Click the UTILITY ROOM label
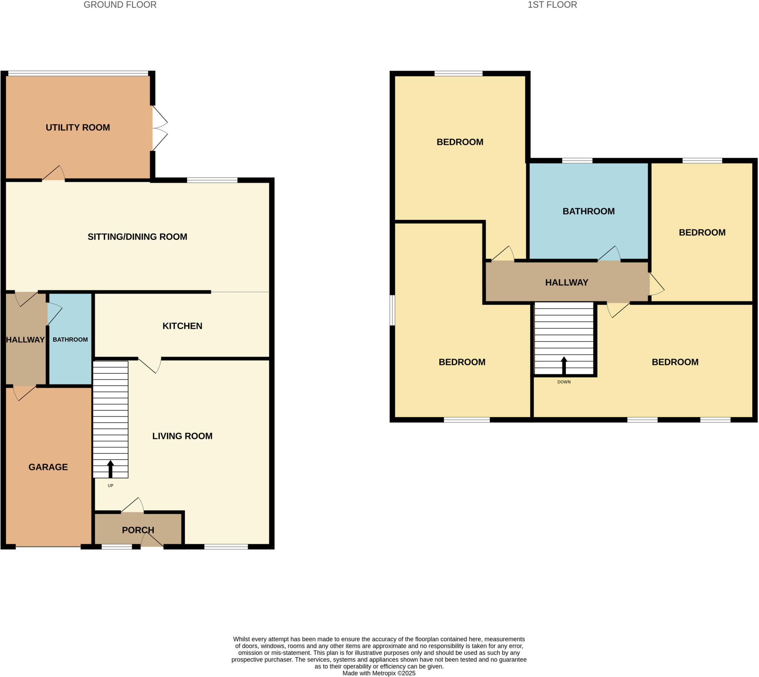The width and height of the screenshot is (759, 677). coord(78,128)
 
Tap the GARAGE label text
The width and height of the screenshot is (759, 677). coord(48,467)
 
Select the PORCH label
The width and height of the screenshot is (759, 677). coord(137,530)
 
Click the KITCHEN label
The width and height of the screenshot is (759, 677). coord(182,326)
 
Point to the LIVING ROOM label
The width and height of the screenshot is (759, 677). coord(182,436)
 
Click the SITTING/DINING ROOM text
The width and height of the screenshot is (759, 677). coord(137,237)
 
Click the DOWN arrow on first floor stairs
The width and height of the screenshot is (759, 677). coord(564,366)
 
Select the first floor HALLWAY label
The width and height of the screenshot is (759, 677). coord(566,283)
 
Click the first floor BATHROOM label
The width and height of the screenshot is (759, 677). coord(588,211)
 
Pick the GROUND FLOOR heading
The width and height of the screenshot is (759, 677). coord(120,5)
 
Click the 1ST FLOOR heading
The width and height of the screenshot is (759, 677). coord(552,5)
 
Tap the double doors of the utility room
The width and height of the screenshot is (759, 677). coord(159,128)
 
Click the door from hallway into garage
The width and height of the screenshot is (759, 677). coord(24,393)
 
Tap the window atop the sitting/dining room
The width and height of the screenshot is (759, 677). coord(212,181)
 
